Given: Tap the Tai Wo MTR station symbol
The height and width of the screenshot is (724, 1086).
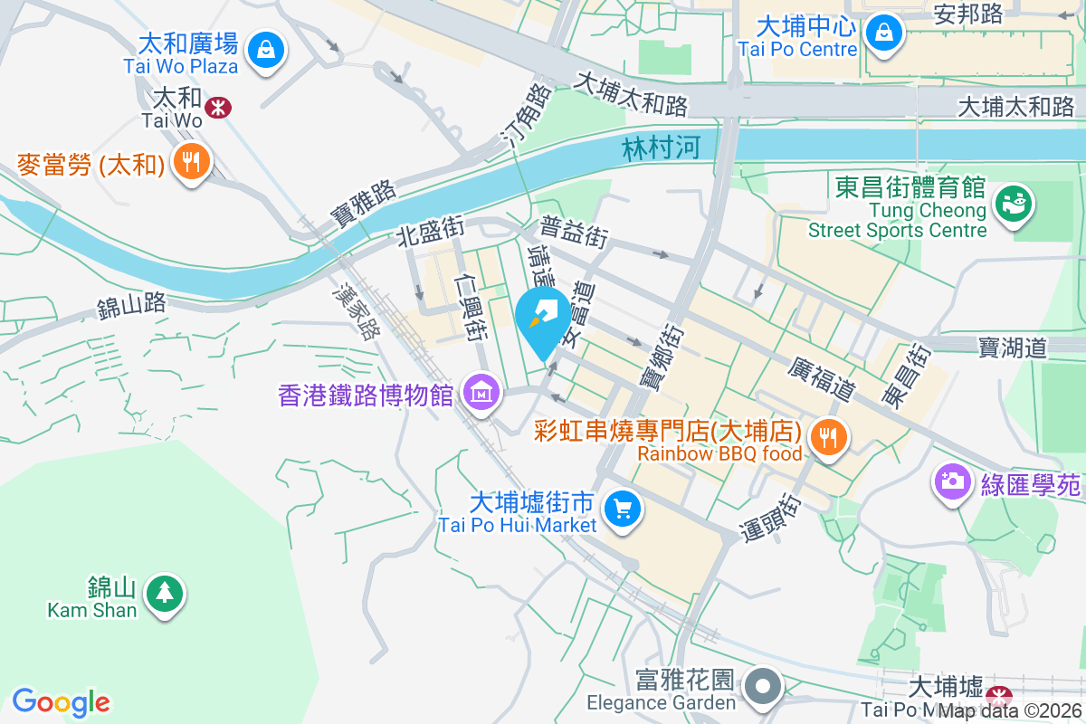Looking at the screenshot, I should pos(217,108).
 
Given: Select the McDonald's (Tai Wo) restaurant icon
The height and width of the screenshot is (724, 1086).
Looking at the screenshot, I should pos(190,162).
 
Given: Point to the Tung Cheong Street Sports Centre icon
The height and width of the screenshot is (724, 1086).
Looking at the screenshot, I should pos(1011,202).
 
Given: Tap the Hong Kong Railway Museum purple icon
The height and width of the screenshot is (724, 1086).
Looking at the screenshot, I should pos(481,393).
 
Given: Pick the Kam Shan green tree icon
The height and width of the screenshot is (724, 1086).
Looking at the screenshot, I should pos(164,594).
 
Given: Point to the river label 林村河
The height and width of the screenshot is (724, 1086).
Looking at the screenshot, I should pos(662,148).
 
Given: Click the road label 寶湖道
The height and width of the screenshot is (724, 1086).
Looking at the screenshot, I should pos(1012,347).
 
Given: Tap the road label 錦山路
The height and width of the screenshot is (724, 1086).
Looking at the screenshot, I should pos(132,304).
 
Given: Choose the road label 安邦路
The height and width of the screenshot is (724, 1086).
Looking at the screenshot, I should pos(968,14).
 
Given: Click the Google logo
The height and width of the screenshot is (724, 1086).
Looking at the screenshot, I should pos(61,702).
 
